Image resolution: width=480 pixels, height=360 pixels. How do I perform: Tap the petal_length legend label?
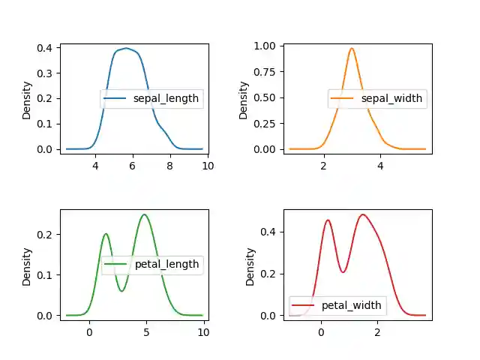click(x=166, y=264)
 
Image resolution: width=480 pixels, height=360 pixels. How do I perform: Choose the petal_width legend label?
click(x=352, y=305)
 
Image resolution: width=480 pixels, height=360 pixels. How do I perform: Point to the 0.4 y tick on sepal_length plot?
click(x=45, y=48)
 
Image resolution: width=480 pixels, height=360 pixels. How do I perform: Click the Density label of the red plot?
click(x=251, y=265)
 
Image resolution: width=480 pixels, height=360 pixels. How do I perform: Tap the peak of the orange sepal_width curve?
click(x=352, y=49)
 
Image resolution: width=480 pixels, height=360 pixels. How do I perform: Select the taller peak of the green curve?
click(x=144, y=214)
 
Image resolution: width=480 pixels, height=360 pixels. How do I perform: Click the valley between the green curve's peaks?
click(x=122, y=291)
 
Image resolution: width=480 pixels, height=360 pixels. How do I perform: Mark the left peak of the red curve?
click(x=328, y=220)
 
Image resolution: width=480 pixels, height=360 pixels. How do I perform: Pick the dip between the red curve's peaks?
click(x=343, y=271)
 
